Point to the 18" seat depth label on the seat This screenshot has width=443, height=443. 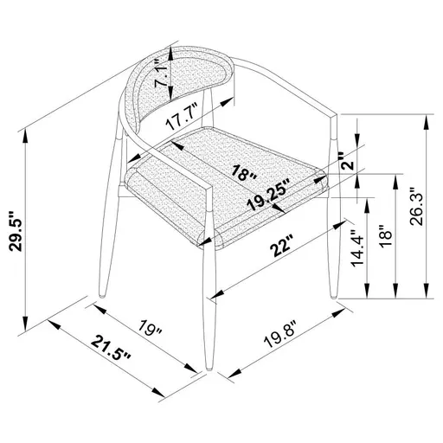pyautogui.click(x=245, y=170)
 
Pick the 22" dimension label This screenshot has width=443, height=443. pyautogui.click(x=279, y=247)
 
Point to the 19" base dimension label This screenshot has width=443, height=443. pyautogui.click(x=152, y=330)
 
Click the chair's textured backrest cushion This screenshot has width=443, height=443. pyautogui.click(x=177, y=93)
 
